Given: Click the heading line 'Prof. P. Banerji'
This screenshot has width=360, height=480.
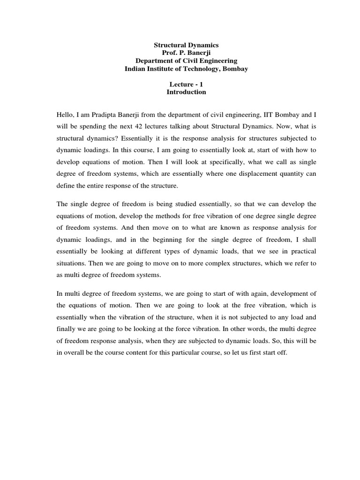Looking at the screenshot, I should pos(186,53).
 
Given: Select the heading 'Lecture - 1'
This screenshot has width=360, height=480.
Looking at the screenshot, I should pos(186,84).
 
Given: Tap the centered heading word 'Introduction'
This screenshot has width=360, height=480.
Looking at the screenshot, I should pos(186,92).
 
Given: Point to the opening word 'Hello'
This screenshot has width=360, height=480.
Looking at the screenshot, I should pos(65,113).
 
